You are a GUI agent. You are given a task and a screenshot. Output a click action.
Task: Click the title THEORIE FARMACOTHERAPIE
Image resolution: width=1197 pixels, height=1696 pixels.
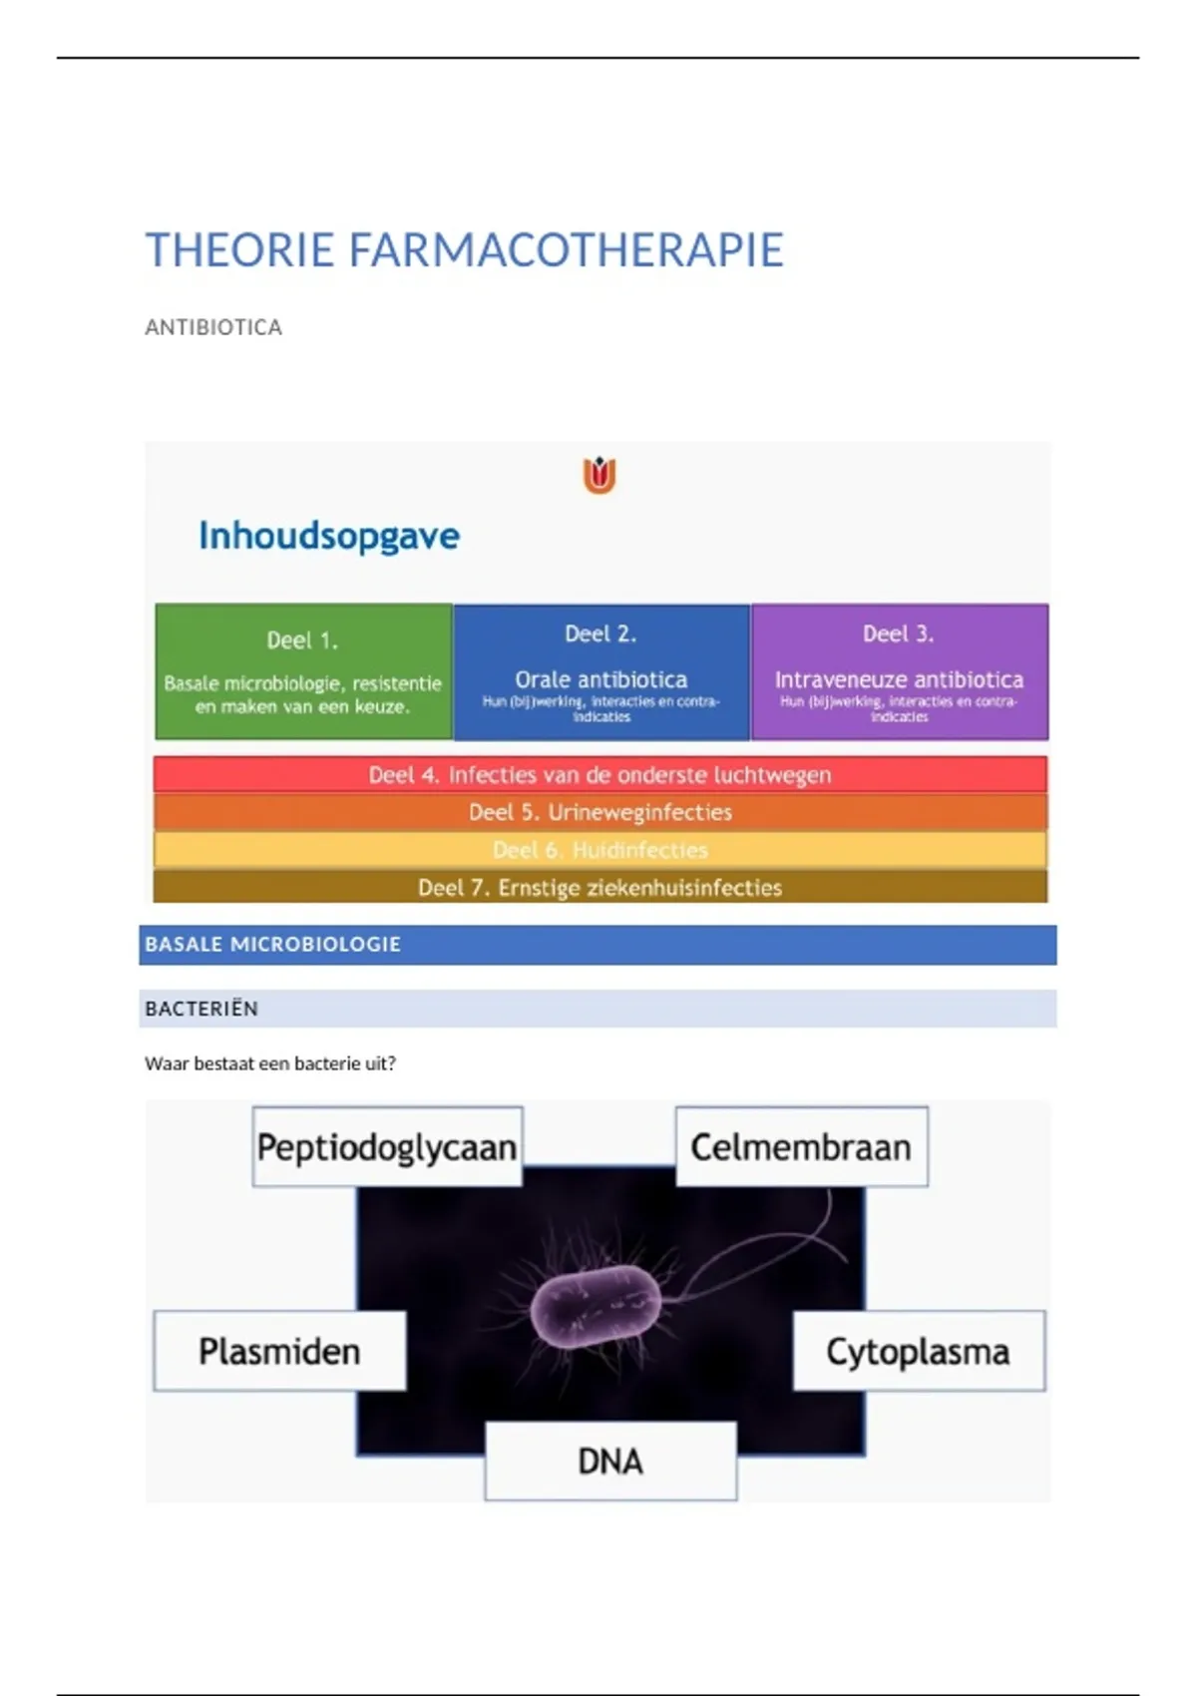coord(464,250)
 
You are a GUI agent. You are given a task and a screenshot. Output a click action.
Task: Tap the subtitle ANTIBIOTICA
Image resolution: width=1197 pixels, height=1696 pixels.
coord(213,327)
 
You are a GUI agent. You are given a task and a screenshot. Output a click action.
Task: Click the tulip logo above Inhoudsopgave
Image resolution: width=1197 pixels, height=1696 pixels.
coord(599,476)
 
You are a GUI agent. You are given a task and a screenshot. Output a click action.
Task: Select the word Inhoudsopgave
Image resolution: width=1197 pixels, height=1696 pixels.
coord(329,536)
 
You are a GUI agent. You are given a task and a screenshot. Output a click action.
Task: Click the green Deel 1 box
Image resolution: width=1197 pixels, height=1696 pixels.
coord(303,671)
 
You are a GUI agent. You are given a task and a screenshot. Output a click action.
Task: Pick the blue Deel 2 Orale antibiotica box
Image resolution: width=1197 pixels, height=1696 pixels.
coord(601,671)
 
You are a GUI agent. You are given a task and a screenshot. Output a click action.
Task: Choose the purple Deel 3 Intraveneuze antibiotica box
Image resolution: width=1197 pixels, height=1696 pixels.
coord(899,671)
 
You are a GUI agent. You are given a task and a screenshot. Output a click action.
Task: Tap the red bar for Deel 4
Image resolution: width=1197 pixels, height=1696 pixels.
coord(599,775)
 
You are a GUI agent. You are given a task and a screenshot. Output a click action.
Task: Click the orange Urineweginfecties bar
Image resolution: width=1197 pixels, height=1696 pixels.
coord(599,812)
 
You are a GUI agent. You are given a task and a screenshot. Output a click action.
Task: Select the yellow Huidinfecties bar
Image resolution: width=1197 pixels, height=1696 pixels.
coord(599,850)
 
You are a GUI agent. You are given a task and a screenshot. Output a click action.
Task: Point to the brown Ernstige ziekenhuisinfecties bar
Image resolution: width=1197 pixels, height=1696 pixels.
coord(599,887)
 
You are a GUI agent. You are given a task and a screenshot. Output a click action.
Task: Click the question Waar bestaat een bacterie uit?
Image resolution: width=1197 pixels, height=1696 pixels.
coord(270,1063)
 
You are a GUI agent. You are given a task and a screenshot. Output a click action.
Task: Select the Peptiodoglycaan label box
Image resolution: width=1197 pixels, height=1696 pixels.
coord(387,1147)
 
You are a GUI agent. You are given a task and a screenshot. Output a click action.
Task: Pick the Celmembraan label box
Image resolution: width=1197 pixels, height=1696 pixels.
coord(801,1147)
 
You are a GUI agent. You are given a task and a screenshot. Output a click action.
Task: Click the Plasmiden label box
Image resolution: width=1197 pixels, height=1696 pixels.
coord(279,1352)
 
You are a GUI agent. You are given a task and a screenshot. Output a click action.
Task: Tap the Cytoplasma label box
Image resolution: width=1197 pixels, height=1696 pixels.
coord(918,1352)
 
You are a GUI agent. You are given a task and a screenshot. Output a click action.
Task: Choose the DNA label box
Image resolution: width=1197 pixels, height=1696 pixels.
coord(610,1462)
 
